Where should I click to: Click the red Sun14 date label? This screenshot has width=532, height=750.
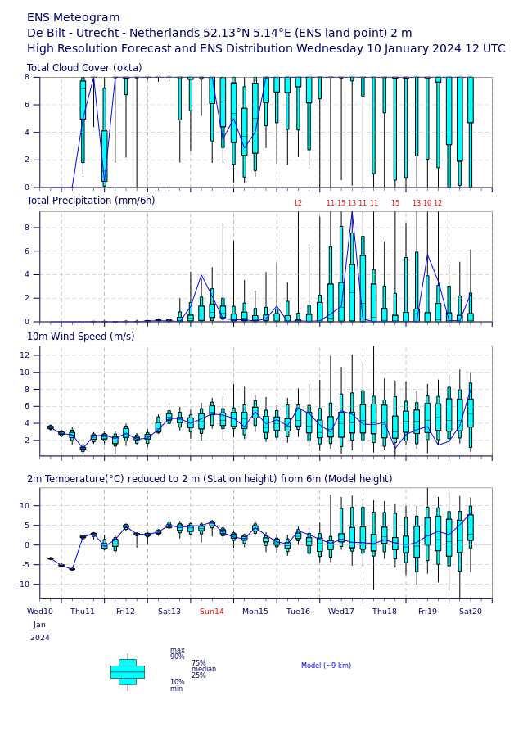(212, 612)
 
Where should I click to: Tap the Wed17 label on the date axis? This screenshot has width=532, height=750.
(340, 612)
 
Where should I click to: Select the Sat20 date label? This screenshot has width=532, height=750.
(471, 612)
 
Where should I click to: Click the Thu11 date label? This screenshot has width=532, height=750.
(82, 612)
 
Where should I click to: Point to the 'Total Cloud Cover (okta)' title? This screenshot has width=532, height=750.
(84, 68)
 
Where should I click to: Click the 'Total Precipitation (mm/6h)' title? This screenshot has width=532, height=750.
(91, 201)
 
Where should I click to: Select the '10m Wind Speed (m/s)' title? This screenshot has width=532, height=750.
(81, 337)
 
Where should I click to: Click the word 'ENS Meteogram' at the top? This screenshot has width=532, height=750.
(74, 18)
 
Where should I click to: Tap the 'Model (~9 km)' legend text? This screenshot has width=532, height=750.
(326, 666)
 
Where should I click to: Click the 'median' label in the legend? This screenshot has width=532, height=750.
(204, 669)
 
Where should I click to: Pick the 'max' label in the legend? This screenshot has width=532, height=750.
(178, 650)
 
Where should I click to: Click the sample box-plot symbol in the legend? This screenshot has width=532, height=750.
(128, 672)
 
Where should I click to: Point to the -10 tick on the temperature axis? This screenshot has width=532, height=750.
(24, 585)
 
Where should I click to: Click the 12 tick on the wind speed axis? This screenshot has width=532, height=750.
(25, 355)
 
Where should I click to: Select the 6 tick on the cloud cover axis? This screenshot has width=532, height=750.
(27, 105)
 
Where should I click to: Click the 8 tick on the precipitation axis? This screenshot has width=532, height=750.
(27, 228)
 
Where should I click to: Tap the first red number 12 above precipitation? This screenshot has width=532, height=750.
(298, 203)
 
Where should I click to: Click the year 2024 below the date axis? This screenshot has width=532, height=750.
(40, 638)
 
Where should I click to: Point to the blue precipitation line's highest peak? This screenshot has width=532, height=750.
(352, 212)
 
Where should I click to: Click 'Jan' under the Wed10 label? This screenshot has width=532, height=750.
(39, 625)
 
